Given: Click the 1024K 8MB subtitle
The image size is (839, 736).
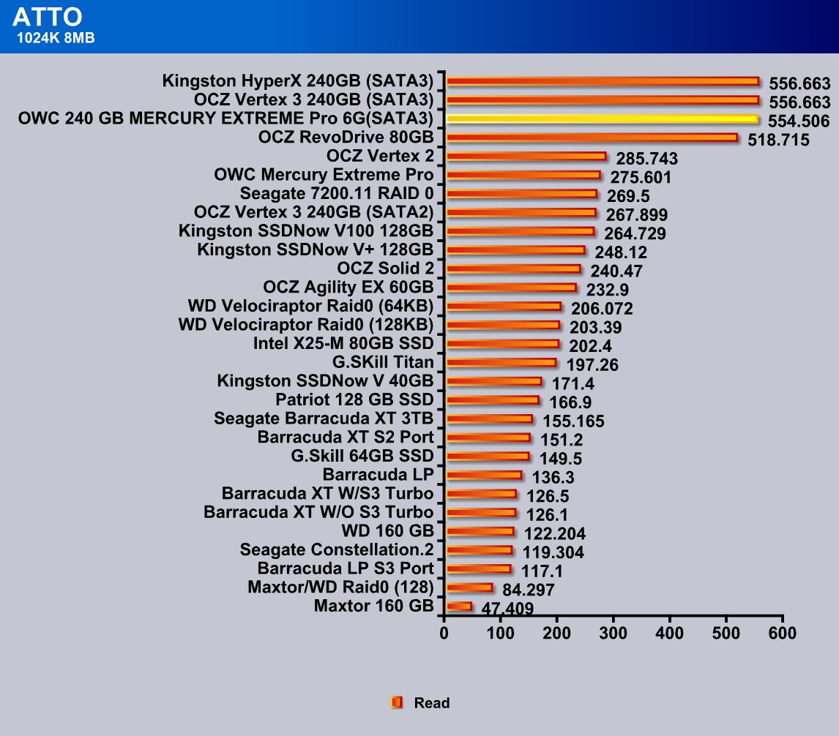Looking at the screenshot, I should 56,38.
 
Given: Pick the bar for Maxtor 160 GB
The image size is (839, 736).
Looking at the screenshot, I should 459,606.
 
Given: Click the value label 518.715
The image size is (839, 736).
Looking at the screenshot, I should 778,140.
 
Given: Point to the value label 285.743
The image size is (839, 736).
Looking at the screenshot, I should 646,159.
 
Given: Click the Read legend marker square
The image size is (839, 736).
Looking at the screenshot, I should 397,702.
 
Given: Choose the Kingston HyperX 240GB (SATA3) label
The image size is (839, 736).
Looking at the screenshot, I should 298,80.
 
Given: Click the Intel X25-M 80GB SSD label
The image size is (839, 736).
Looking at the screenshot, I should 343,343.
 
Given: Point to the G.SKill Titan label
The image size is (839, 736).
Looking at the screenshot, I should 383,362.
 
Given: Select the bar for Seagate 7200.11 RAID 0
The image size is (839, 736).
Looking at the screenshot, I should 521,194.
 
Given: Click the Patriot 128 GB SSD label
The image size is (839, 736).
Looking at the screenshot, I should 354,399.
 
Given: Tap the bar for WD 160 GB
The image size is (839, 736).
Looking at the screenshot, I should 480,531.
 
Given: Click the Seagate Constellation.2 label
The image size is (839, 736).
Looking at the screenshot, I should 337,549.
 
